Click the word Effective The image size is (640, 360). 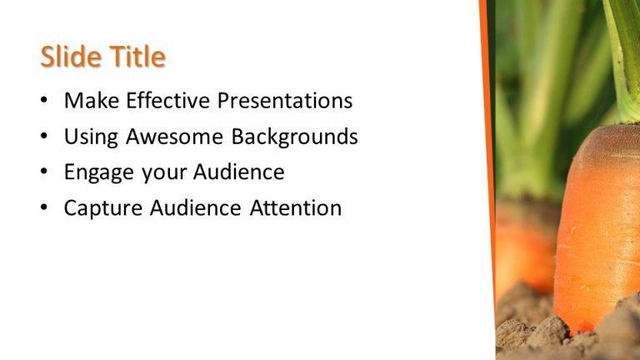coord(167,101)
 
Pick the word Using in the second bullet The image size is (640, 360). coord(91,137)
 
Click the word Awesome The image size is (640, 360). coord(175,137)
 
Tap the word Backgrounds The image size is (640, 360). coord(294,137)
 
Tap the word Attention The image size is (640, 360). coord(296,208)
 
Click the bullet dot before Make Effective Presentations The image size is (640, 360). coord(44,102)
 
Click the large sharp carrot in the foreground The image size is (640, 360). coord(598,225)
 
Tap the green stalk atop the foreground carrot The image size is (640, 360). coord(623,50)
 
